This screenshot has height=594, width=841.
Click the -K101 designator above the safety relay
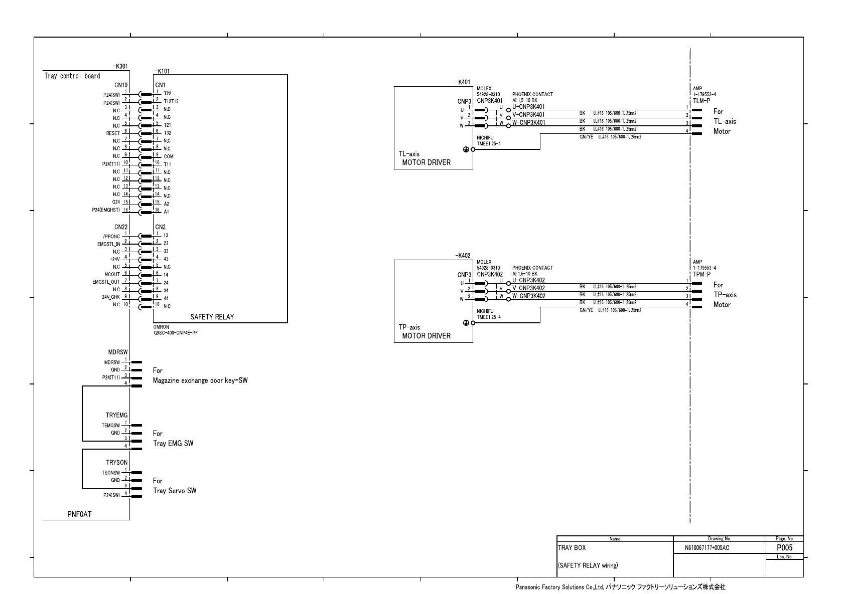162,72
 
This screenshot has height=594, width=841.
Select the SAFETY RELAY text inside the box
212,317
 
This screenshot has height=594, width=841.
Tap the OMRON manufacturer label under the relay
161,327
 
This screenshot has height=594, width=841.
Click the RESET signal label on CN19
113,133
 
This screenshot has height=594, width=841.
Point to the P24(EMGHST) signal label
106,211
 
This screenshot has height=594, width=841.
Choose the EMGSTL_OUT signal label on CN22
106,282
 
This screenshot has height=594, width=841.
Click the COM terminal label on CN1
169,156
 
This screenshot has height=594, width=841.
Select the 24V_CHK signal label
111,297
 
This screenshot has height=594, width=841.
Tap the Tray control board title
72,76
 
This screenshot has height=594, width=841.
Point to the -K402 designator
463,256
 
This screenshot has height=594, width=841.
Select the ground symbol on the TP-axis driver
466,323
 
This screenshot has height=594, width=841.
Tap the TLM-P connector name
701,101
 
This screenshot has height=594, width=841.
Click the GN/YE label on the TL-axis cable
586,136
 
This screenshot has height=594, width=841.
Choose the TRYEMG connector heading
116,416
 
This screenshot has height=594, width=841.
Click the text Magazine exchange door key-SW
200,380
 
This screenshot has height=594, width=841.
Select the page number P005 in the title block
784,548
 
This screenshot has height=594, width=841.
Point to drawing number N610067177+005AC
707,548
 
